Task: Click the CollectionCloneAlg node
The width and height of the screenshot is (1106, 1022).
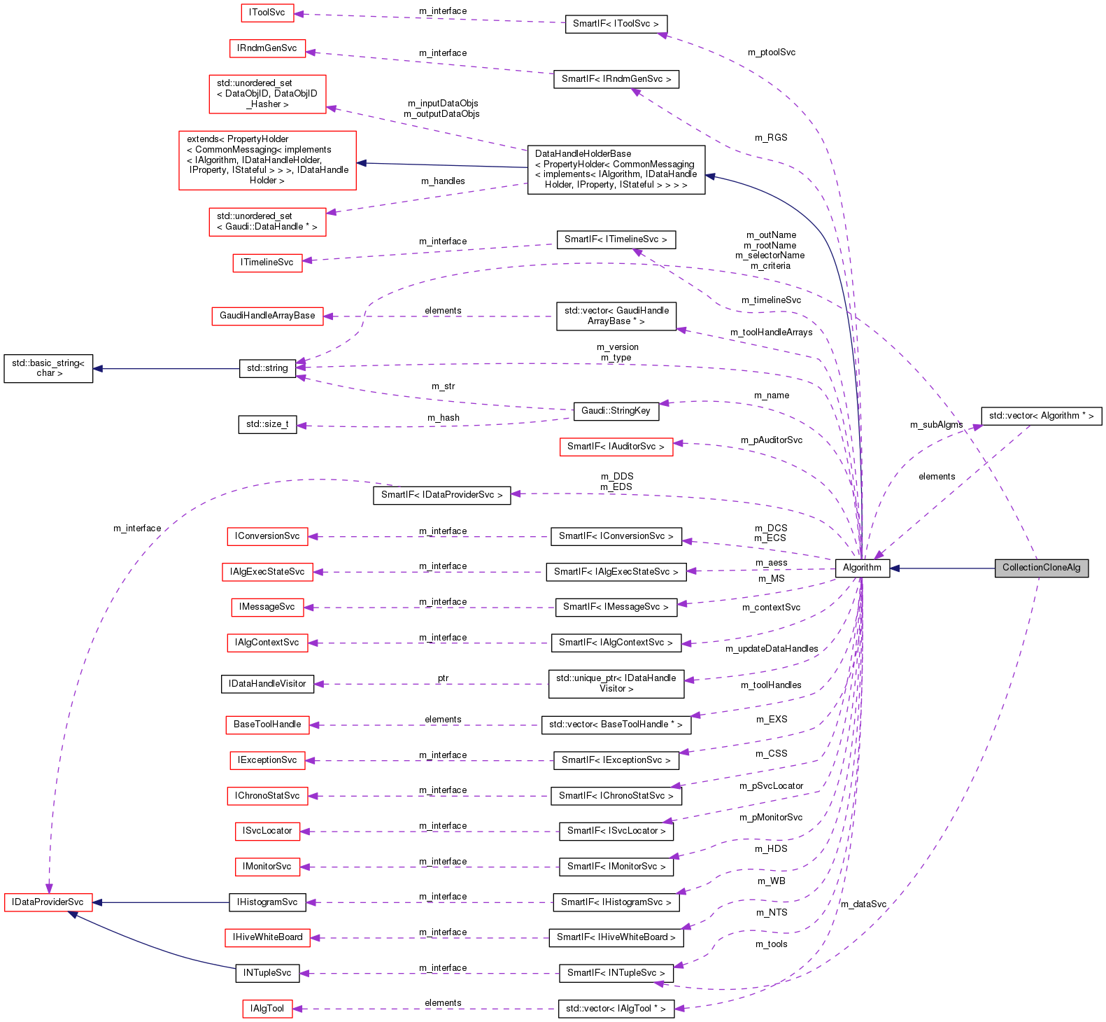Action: (1041, 568)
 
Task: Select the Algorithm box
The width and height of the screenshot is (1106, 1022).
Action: (862, 568)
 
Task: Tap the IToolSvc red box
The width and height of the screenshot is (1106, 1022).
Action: (267, 13)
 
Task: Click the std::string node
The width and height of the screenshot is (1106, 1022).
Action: (267, 368)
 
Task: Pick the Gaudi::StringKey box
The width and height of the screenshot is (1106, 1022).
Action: (616, 411)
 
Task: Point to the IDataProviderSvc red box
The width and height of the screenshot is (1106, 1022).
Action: (48, 902)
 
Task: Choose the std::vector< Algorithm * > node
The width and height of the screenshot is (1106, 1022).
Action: (1041, 416)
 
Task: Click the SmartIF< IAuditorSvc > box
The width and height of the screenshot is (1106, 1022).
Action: (616, 447)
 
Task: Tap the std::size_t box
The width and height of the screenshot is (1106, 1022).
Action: (267, 424)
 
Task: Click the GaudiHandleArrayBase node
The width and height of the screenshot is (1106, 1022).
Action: (267, 316)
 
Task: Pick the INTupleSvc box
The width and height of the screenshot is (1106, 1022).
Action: (267, 973)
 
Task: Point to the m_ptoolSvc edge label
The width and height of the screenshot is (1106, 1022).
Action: (771, 52)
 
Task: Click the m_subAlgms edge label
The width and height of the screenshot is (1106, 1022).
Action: (936, 425)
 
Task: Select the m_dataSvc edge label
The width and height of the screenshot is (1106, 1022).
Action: (863, 904)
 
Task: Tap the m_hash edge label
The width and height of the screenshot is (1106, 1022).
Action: (444, 418)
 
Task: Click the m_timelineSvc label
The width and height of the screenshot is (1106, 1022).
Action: (771, 300)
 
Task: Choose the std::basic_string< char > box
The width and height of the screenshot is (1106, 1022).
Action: (48, 368)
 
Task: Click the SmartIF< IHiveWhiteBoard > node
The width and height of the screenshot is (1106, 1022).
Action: (616, 937)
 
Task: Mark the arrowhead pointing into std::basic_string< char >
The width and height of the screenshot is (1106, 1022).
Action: (98, 368)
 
